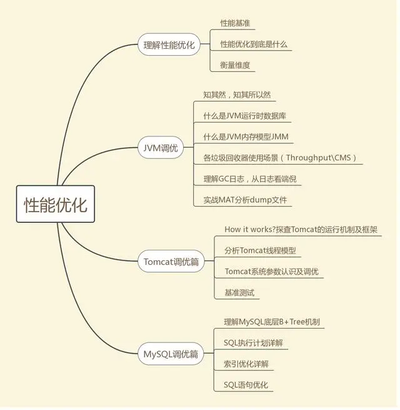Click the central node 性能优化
coord(56,204)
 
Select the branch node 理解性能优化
coord(169,45)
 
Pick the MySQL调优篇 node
coord(171,354)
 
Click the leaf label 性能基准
coord(235,23)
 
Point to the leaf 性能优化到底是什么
coord(254,44)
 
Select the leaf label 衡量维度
coord(235,65)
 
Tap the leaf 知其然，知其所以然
coord(237,95)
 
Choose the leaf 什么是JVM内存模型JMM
coord(246,136)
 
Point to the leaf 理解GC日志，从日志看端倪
coord(250,179)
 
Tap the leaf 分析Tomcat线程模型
coord(260,250)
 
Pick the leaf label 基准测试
coord(239,292)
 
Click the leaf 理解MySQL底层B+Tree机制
coord(272,322)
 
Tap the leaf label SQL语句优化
coord(246,385)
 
